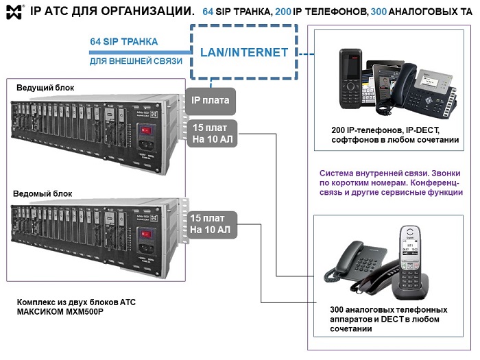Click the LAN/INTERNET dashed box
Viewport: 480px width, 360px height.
[243, 52]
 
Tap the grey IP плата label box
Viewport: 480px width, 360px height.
[211, 100]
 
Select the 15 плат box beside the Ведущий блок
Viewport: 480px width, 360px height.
[211, 132]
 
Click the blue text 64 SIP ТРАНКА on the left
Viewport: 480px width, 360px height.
[123, 42]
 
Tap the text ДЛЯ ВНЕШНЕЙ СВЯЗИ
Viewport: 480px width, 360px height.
[136, 61]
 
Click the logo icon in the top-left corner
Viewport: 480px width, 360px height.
[14, 11]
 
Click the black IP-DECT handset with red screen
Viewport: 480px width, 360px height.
[350, 79]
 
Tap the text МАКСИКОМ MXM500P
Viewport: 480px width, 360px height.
[60, 313]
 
